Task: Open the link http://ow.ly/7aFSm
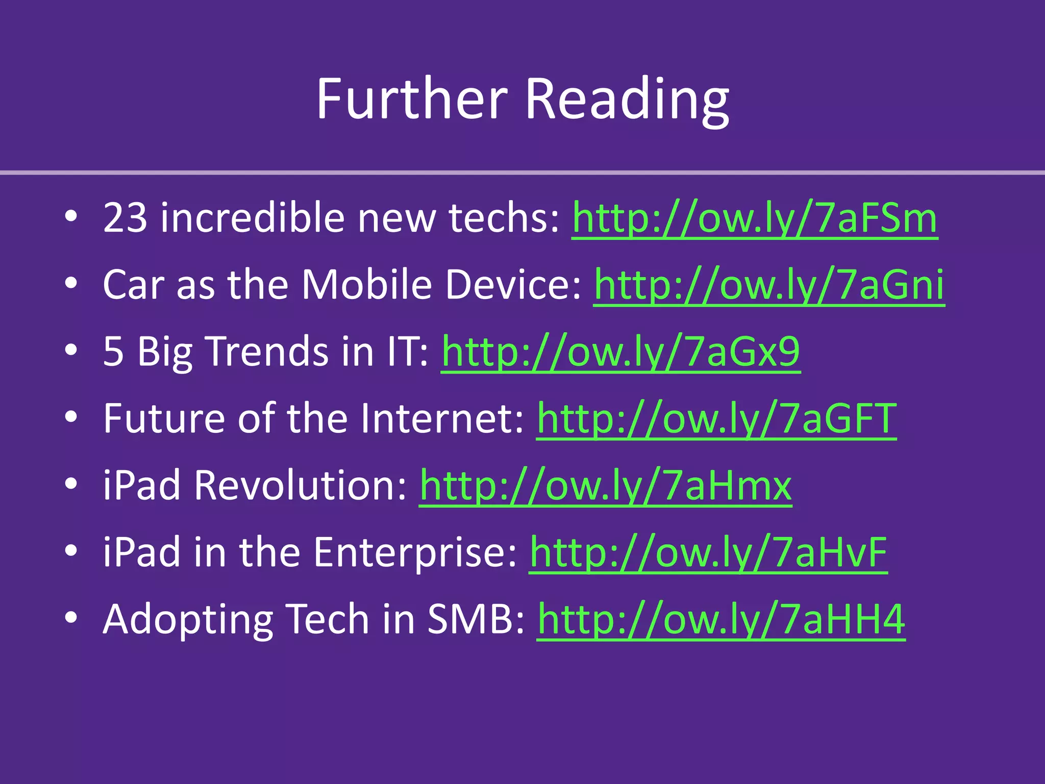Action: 755,218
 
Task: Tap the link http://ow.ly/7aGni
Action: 769,285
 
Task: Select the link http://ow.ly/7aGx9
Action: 620,352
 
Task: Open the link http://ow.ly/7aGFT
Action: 716,419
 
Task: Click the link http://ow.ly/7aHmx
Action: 606,485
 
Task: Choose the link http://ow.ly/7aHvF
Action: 708,552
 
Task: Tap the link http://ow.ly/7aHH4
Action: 721,619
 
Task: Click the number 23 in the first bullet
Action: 125,218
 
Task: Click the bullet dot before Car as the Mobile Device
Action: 71,284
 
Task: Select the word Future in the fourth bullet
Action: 163,419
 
